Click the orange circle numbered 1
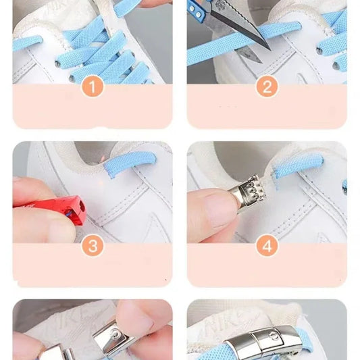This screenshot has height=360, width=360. tap(93, 86)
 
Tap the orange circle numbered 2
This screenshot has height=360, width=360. tap(267, 86)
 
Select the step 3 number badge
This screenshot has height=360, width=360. tap(93, 246)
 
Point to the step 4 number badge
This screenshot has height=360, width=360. tap(267, 246)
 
